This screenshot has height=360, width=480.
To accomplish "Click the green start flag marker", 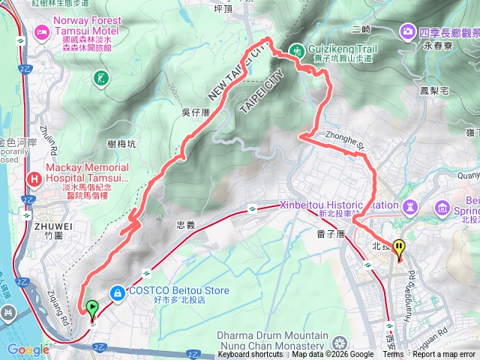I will click(91, 307).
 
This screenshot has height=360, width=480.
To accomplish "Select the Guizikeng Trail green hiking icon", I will click(297, 50).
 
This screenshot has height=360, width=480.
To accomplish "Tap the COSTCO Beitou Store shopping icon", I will click(116, 292).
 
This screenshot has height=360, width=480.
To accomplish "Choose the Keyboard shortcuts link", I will click(250, 355).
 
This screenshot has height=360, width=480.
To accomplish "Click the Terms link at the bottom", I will click(393, 355).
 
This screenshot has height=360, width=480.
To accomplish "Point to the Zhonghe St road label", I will click(344, 139).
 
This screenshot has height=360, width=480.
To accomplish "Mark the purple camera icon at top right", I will click(408, 31).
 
